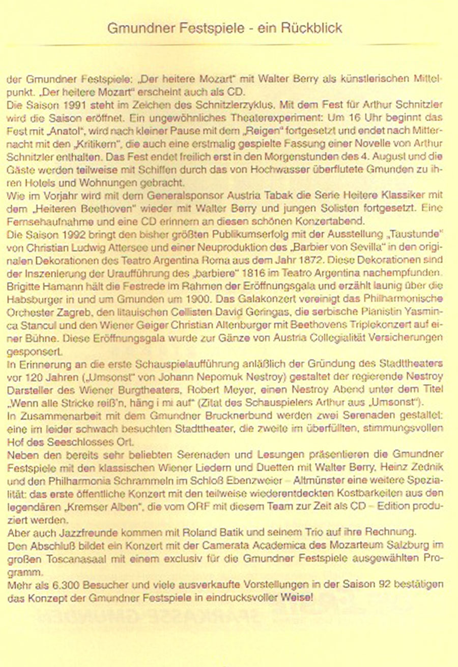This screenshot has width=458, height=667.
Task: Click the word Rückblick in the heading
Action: point(311,28)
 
